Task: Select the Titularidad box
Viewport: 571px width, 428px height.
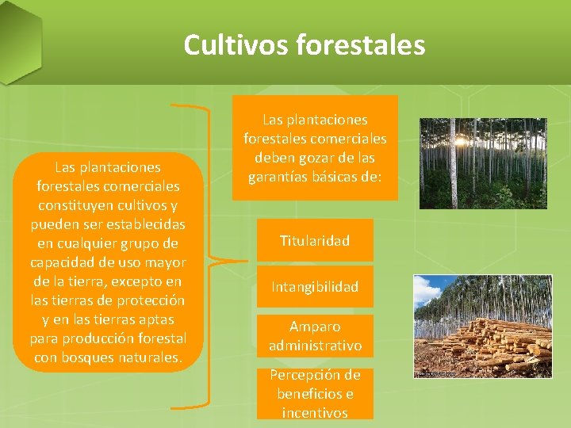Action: pyautogui.click(x=315, y=240)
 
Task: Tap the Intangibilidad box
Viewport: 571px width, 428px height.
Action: pyautogui.click(x=315, y=287)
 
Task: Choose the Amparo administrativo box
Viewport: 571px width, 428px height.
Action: pyautogui.click(x=315, y=336)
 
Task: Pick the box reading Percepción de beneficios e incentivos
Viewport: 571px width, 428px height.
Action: pyautogui.click(x=315, y=393)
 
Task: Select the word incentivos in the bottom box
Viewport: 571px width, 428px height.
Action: pyautogui.click(x=315, y=412)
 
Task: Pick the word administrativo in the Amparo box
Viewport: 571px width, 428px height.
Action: pyautogui.click(x=315, y=346)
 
